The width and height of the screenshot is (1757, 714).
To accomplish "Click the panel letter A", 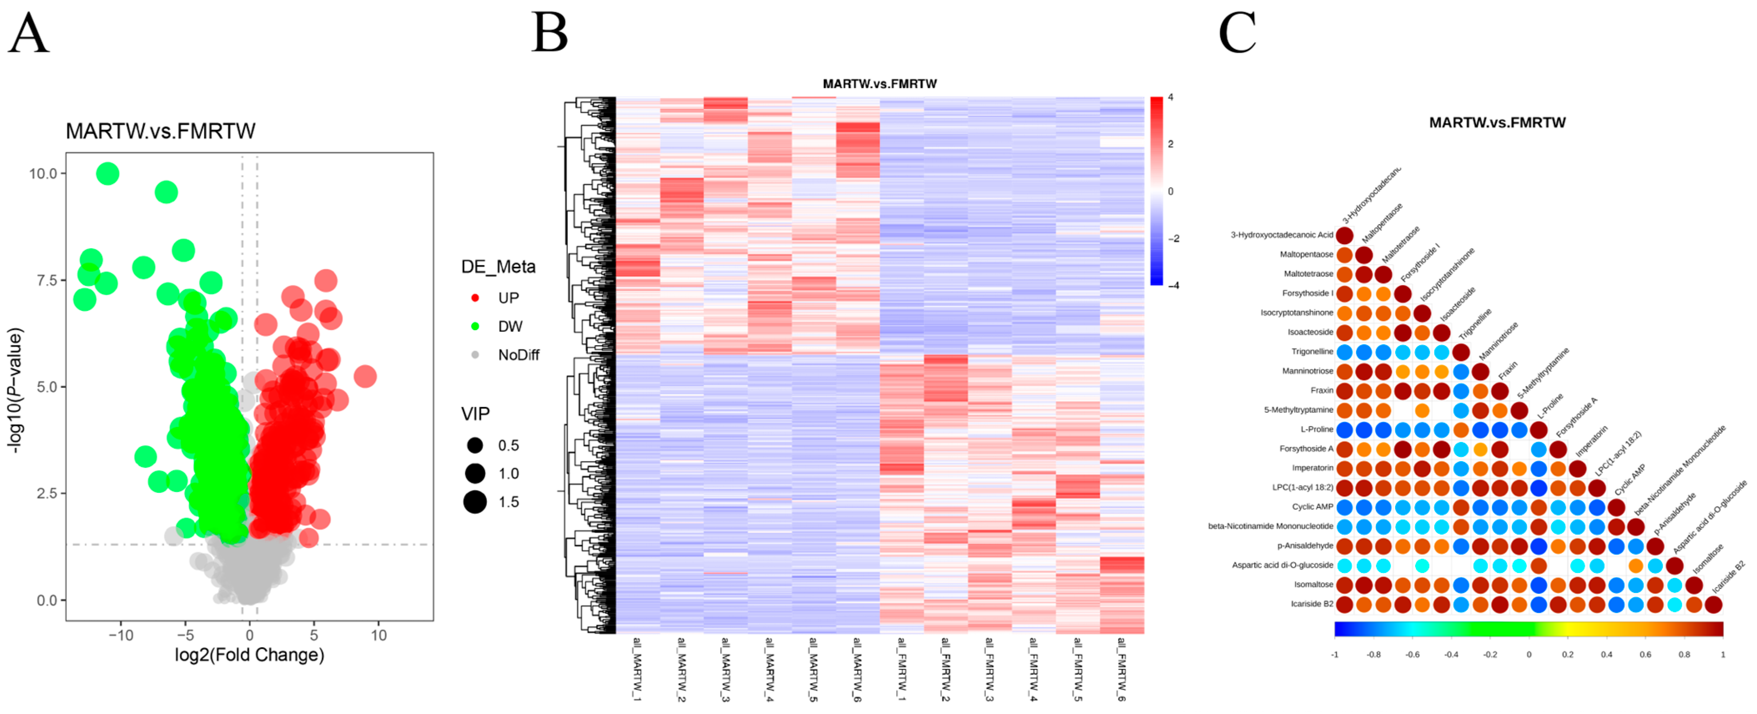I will pyautogui.click(x=29, y=34).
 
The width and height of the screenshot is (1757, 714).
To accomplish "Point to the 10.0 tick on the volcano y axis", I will pyautogui.click(x=43, y=173).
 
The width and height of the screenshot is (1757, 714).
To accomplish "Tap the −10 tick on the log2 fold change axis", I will pyautogui.click(x=121, y=636).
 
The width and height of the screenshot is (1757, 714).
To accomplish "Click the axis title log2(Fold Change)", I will pyautogui.click(x=250, y=655).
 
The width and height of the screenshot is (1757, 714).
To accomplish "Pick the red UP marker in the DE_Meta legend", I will pyautogui.click(x=475, y=298).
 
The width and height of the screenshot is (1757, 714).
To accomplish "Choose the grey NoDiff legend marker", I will pyautogui.click(x=475, y=355).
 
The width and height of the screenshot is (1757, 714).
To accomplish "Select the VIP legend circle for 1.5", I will pyautogui.click(x=475, y=502).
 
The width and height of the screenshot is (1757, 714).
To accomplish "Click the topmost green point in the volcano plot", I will pyautogui.click(x=108, y=173).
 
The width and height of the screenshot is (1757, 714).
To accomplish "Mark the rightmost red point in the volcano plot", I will pyautogui.click(x=366, y=376).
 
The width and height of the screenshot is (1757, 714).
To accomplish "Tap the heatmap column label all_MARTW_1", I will pyautogui.click(x=637, y=669).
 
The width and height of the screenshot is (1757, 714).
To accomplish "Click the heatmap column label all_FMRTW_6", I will pyautogui.click(x=1121, y=669).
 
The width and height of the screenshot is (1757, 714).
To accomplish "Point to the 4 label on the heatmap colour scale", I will pyautogui.click(x=1170, y=98).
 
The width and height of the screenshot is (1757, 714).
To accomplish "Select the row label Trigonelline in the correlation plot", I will pyautogui.click(x=1312, y=351).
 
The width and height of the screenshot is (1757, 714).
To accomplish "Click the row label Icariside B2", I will pyautogui.click(x=1312, y=604).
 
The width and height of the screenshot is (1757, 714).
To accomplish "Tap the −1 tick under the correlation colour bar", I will pyautogui.click(x=1335, y=655).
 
